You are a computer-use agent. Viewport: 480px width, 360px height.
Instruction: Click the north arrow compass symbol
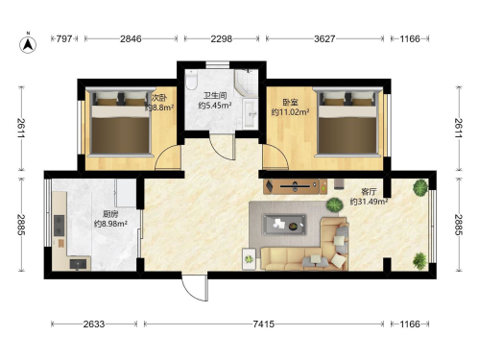point(28,44)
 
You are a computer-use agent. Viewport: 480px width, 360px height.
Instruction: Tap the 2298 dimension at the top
point(222,38)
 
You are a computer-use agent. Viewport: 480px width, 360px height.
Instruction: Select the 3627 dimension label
point(324,38)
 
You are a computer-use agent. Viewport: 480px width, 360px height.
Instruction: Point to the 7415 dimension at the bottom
point(264,324)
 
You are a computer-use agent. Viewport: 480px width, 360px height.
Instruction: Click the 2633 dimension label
point(94,324)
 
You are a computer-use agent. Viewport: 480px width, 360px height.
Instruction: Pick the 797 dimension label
point(64,38)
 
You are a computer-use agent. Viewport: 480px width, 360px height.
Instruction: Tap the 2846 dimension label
point(131,38)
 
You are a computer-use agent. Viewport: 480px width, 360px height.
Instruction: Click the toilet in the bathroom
point(191,81)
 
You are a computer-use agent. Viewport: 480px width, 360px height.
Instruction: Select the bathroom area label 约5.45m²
point(215,106)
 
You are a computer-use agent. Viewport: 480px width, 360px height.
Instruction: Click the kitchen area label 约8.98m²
point(110,224)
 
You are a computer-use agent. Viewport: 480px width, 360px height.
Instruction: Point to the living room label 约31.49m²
point(369,202)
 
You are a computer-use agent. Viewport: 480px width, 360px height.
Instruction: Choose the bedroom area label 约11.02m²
point(290,112)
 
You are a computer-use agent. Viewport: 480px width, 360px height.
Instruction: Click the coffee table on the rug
point(284,225)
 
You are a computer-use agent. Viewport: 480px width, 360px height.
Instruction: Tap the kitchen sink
point(79,264)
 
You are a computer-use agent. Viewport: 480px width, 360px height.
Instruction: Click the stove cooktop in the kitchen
point(60,226)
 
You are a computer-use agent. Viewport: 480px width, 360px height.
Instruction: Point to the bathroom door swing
point(223,147)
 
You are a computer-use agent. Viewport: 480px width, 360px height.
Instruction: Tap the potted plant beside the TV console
point(334,204)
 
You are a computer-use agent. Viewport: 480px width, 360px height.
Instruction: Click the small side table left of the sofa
point(250,259)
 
